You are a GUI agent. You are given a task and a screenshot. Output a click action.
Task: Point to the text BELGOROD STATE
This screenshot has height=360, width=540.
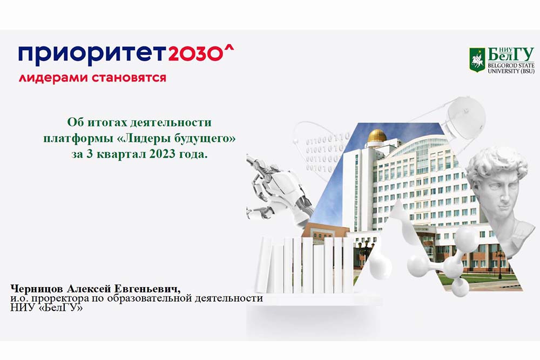click(x=510, y=65)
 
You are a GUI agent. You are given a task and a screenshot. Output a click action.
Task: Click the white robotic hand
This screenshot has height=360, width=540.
click(x=275, y=184)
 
